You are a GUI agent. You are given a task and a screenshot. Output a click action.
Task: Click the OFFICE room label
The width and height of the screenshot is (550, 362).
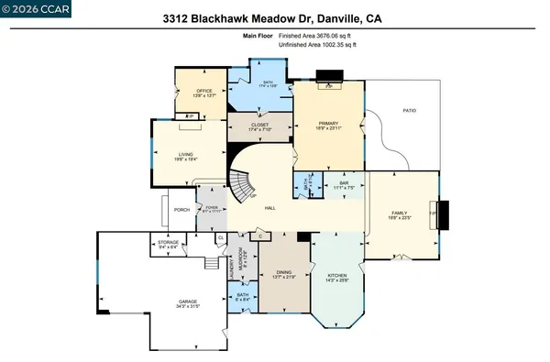pos(204,91)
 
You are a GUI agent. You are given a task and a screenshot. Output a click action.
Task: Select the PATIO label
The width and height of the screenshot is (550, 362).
pos(411,110)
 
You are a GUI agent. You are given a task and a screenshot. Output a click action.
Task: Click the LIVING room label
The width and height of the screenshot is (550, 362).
pos(186,154)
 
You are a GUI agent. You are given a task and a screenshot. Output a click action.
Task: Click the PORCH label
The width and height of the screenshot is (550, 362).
pos(181,209)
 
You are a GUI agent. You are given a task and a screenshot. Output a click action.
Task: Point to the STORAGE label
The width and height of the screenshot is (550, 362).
pos(168,243)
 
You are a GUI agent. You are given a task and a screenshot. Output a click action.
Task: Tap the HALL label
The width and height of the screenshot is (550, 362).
pos(270,208)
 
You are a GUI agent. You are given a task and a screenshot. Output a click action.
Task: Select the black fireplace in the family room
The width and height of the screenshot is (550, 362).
pos(445,214)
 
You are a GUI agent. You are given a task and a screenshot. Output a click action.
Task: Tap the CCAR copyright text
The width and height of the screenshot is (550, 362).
pos(27,7)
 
